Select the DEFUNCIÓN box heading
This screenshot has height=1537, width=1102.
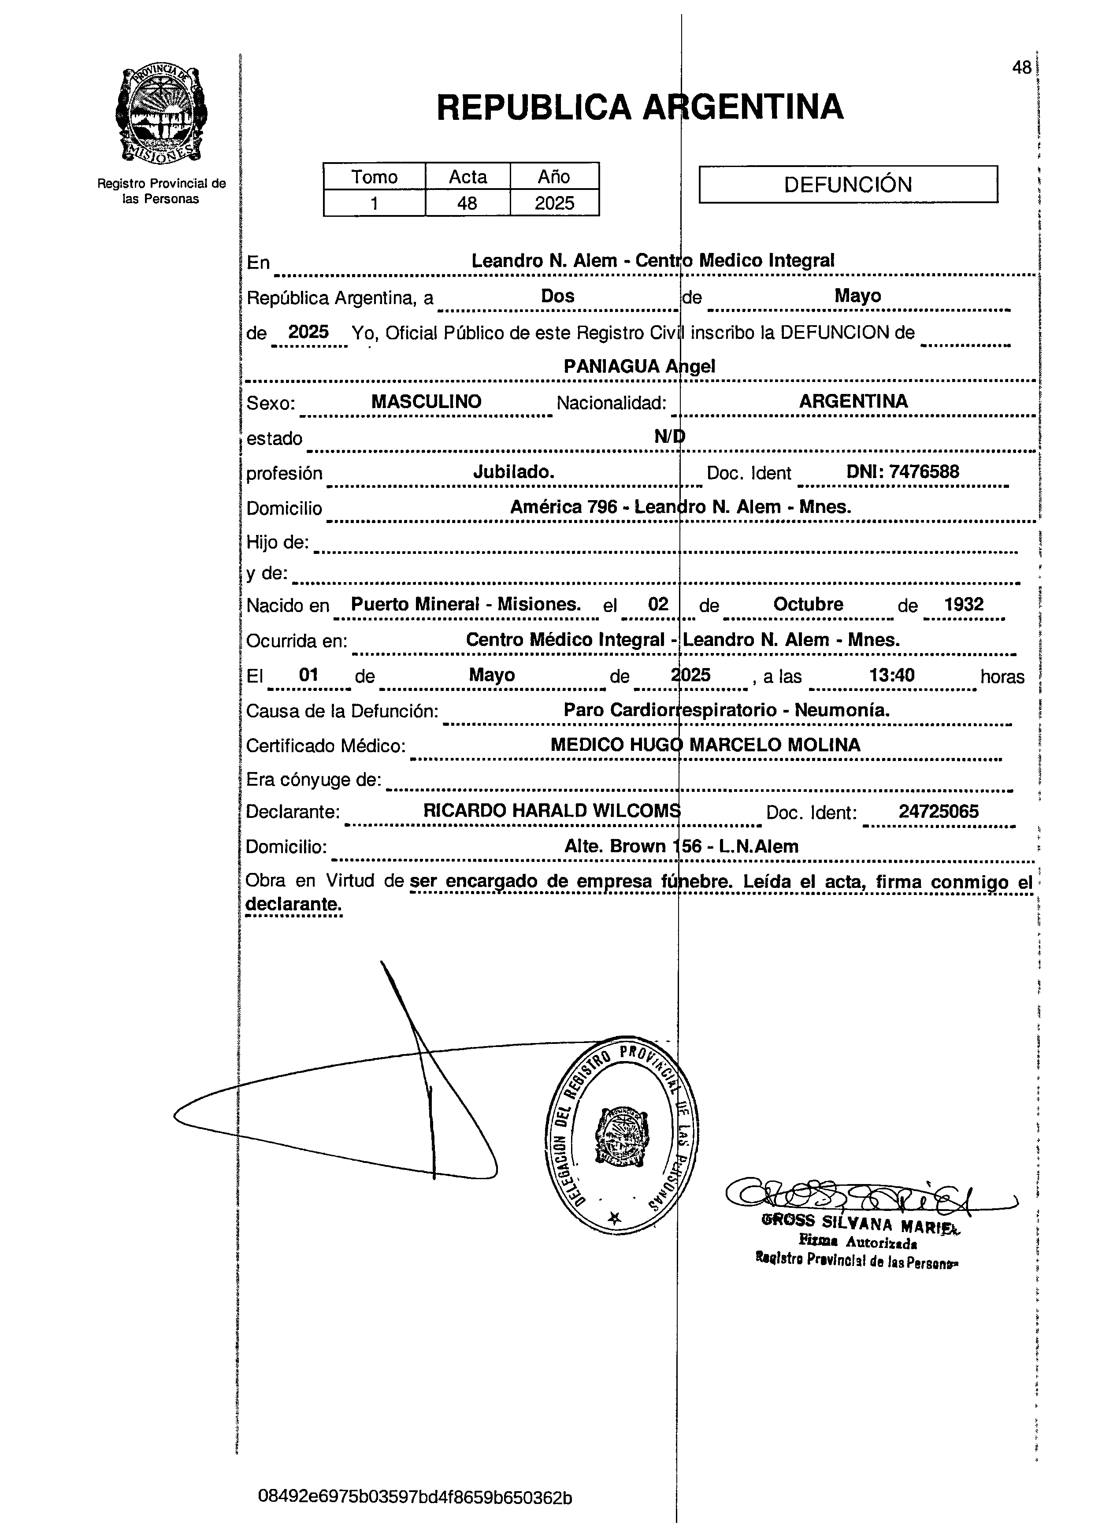tap(847, 184)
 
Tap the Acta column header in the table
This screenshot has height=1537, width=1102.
tap(468, 177)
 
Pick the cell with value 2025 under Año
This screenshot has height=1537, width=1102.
tap(554, 203)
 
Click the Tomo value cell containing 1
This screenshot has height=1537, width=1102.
tap(374, 203)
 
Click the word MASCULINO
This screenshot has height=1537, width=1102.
tap(426, 401)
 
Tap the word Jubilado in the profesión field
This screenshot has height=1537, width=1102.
tap(514, 471)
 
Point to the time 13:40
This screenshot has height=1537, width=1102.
tap(892, 675)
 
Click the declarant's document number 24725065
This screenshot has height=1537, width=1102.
tap(938, 811)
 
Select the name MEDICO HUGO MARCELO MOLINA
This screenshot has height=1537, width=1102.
tap(705, 745)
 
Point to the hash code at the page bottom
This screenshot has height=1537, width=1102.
tap(415, 1497)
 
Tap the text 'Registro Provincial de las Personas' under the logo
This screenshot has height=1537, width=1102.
tap(161, 191)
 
